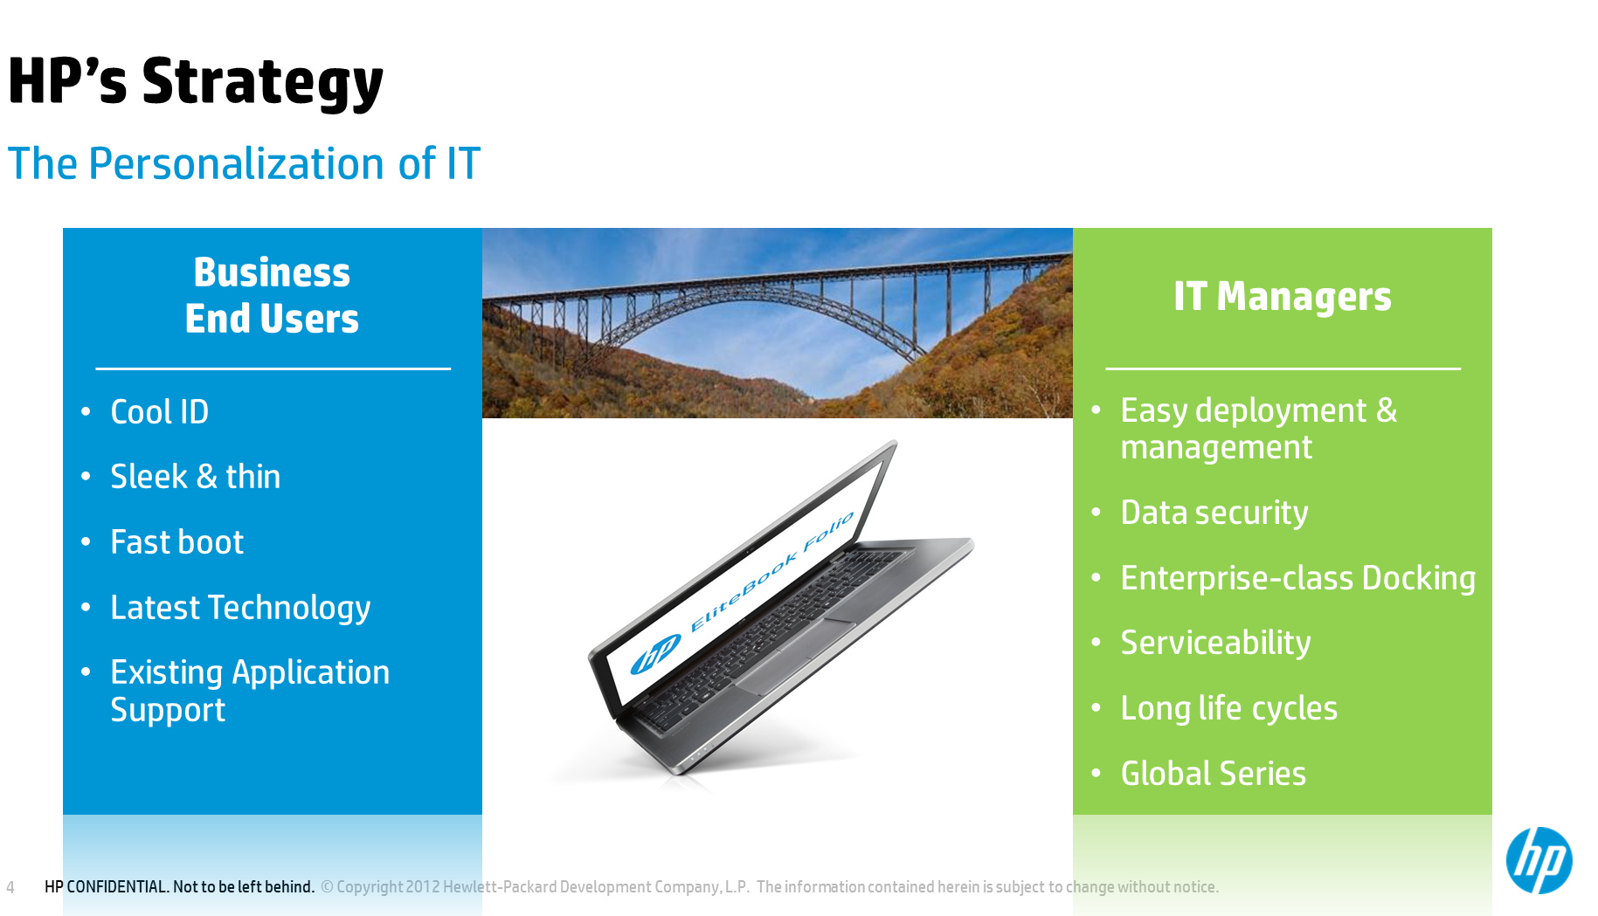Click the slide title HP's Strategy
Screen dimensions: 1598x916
pos(196,82)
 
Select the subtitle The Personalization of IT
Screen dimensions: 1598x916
pos(244,163)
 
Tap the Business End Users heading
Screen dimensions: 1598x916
pos(272,295)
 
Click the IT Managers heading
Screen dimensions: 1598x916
pos(1282,296)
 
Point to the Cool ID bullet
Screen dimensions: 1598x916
pos(160,411)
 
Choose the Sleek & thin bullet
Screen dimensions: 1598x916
pos(196,477)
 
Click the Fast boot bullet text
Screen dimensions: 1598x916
pos(177,542)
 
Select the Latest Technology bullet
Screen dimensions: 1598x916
pos(240,608)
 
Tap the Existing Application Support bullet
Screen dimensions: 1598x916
pos(250,691)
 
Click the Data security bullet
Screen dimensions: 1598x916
pos(1214,513)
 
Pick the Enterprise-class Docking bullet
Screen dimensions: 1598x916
pos(1298,578)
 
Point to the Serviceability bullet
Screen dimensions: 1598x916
pos(1215,643)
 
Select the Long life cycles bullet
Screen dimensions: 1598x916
pos(1228,708)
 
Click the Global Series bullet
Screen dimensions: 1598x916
pos(1213,774)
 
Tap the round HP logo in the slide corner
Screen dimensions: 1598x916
pos(1539,860)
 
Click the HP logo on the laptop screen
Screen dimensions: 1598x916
pos(655,653)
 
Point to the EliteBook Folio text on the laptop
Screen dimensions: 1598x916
pos(771,572)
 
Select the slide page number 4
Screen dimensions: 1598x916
pos(10,887)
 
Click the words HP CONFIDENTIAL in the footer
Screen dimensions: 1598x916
pos(106,887)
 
